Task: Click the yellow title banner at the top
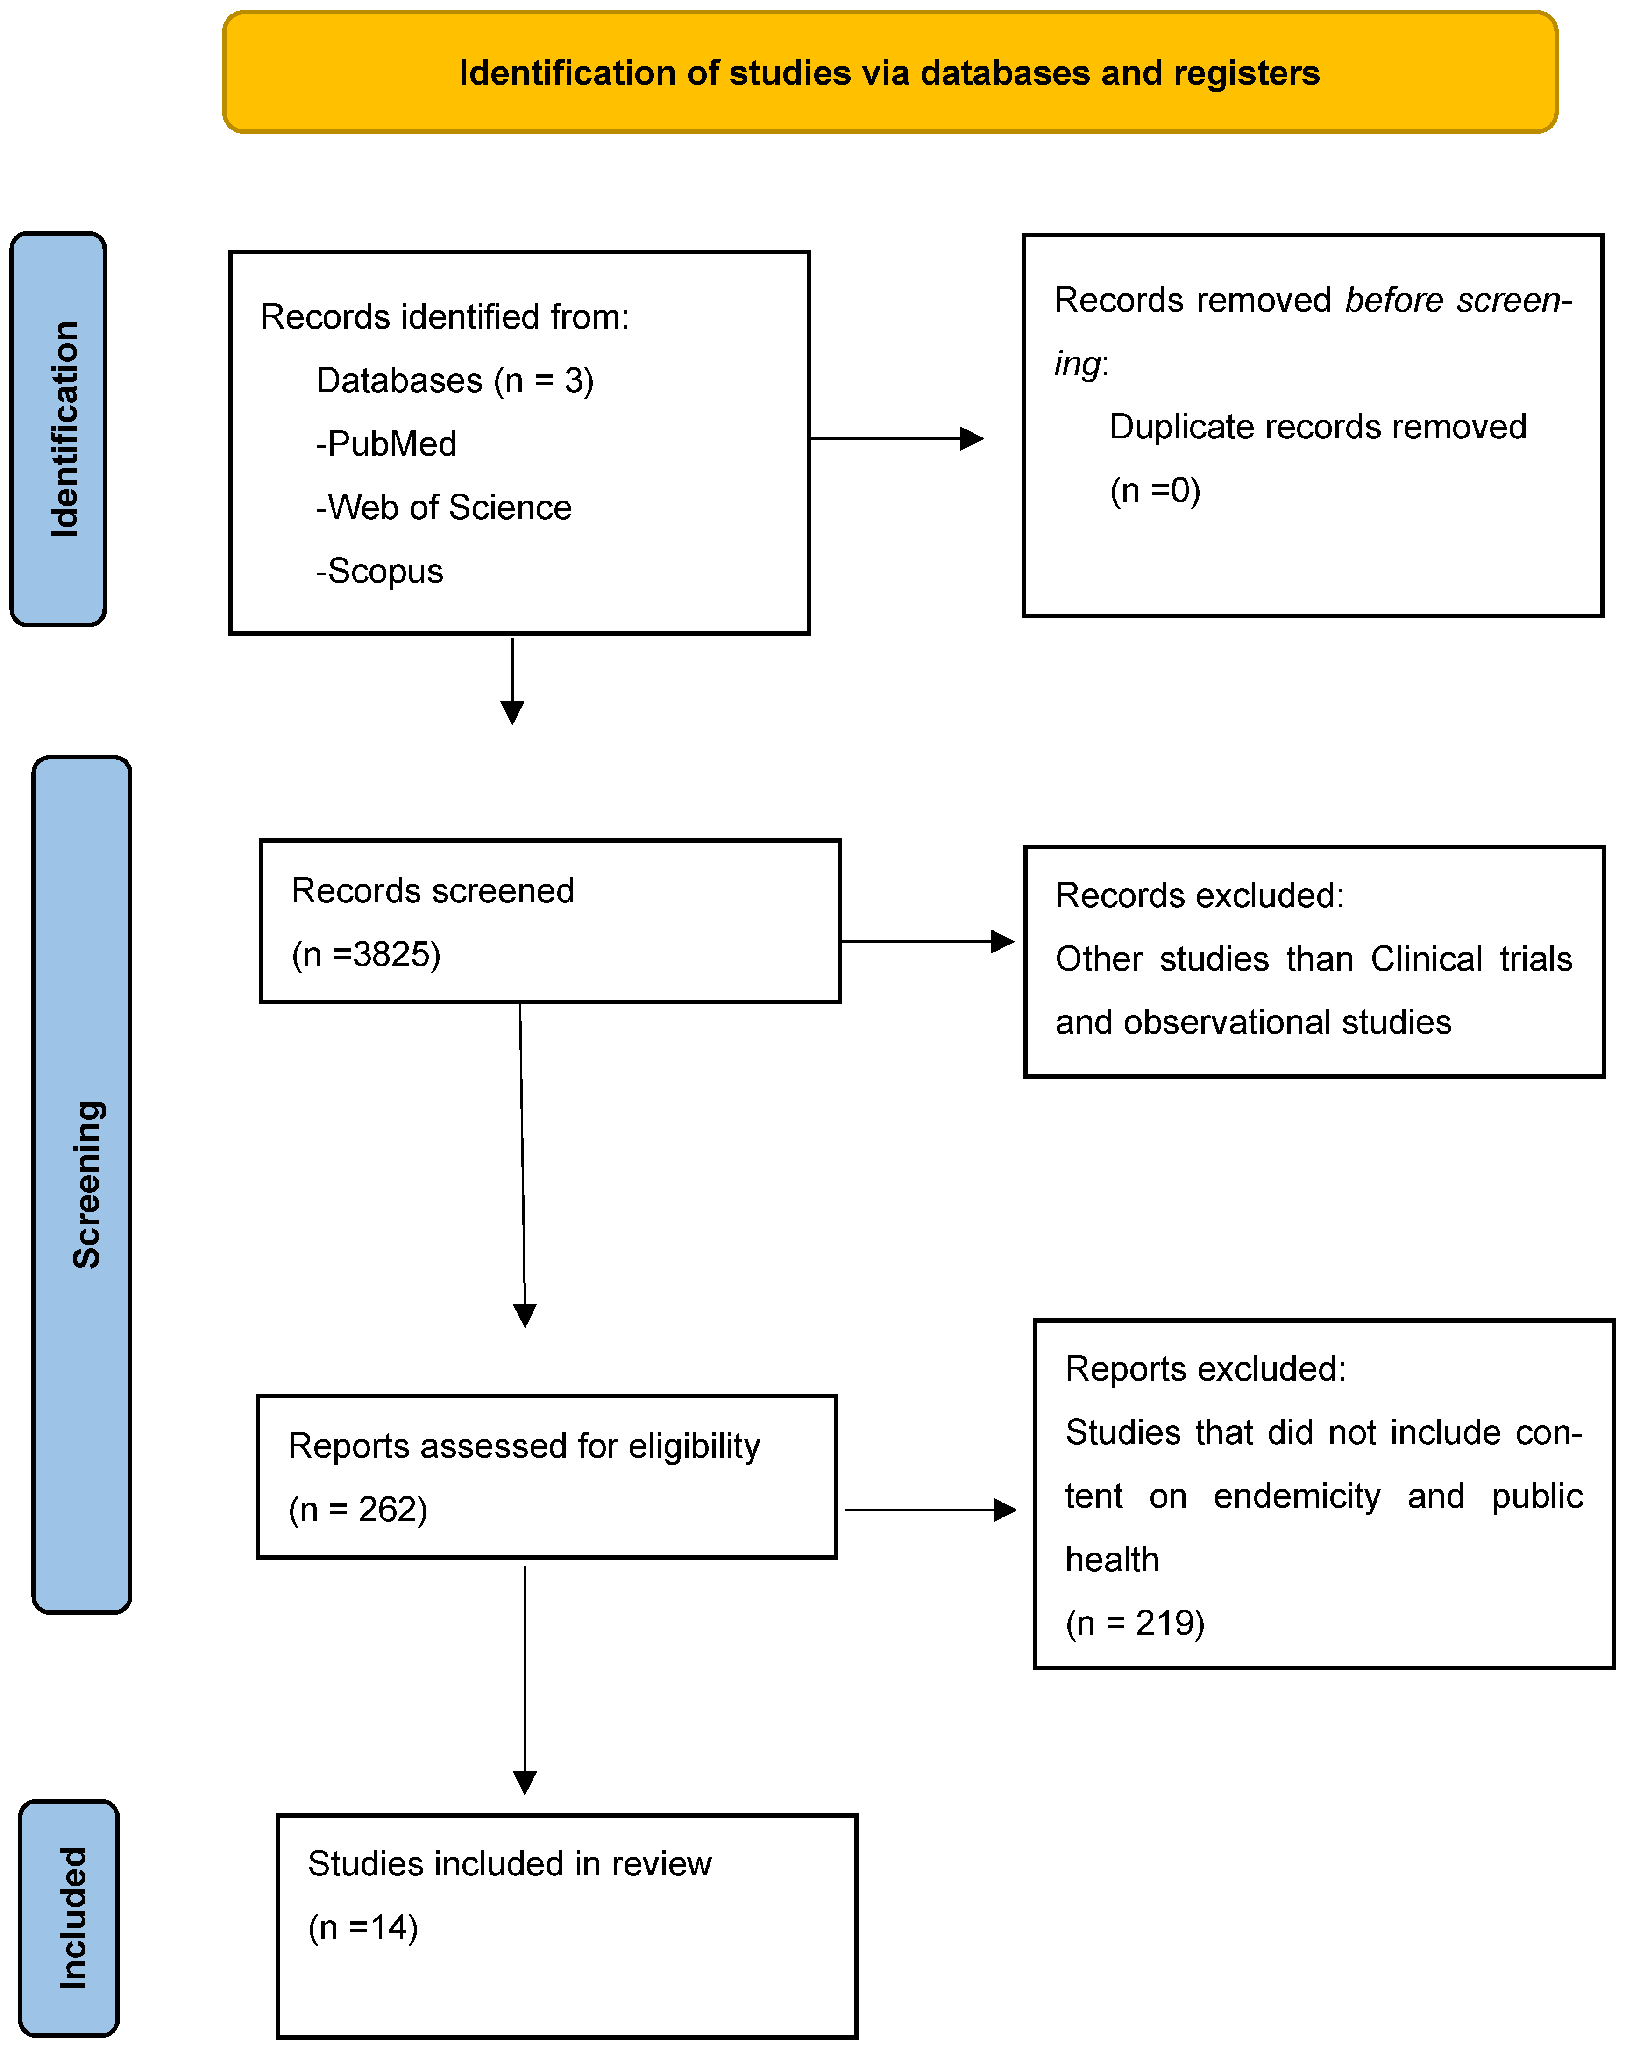coord(889,72)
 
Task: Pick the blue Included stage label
coord(70,1917)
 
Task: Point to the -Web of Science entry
coord(444,508)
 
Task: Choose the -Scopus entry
coord(380,572)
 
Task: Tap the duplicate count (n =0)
coord(1155,490)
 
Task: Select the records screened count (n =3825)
coord(367,954)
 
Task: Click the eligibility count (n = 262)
coord(358,1510)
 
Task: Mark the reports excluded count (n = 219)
coord(1135,1623)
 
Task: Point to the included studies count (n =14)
coord(362,1927)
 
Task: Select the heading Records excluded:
coord(1200,895)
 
